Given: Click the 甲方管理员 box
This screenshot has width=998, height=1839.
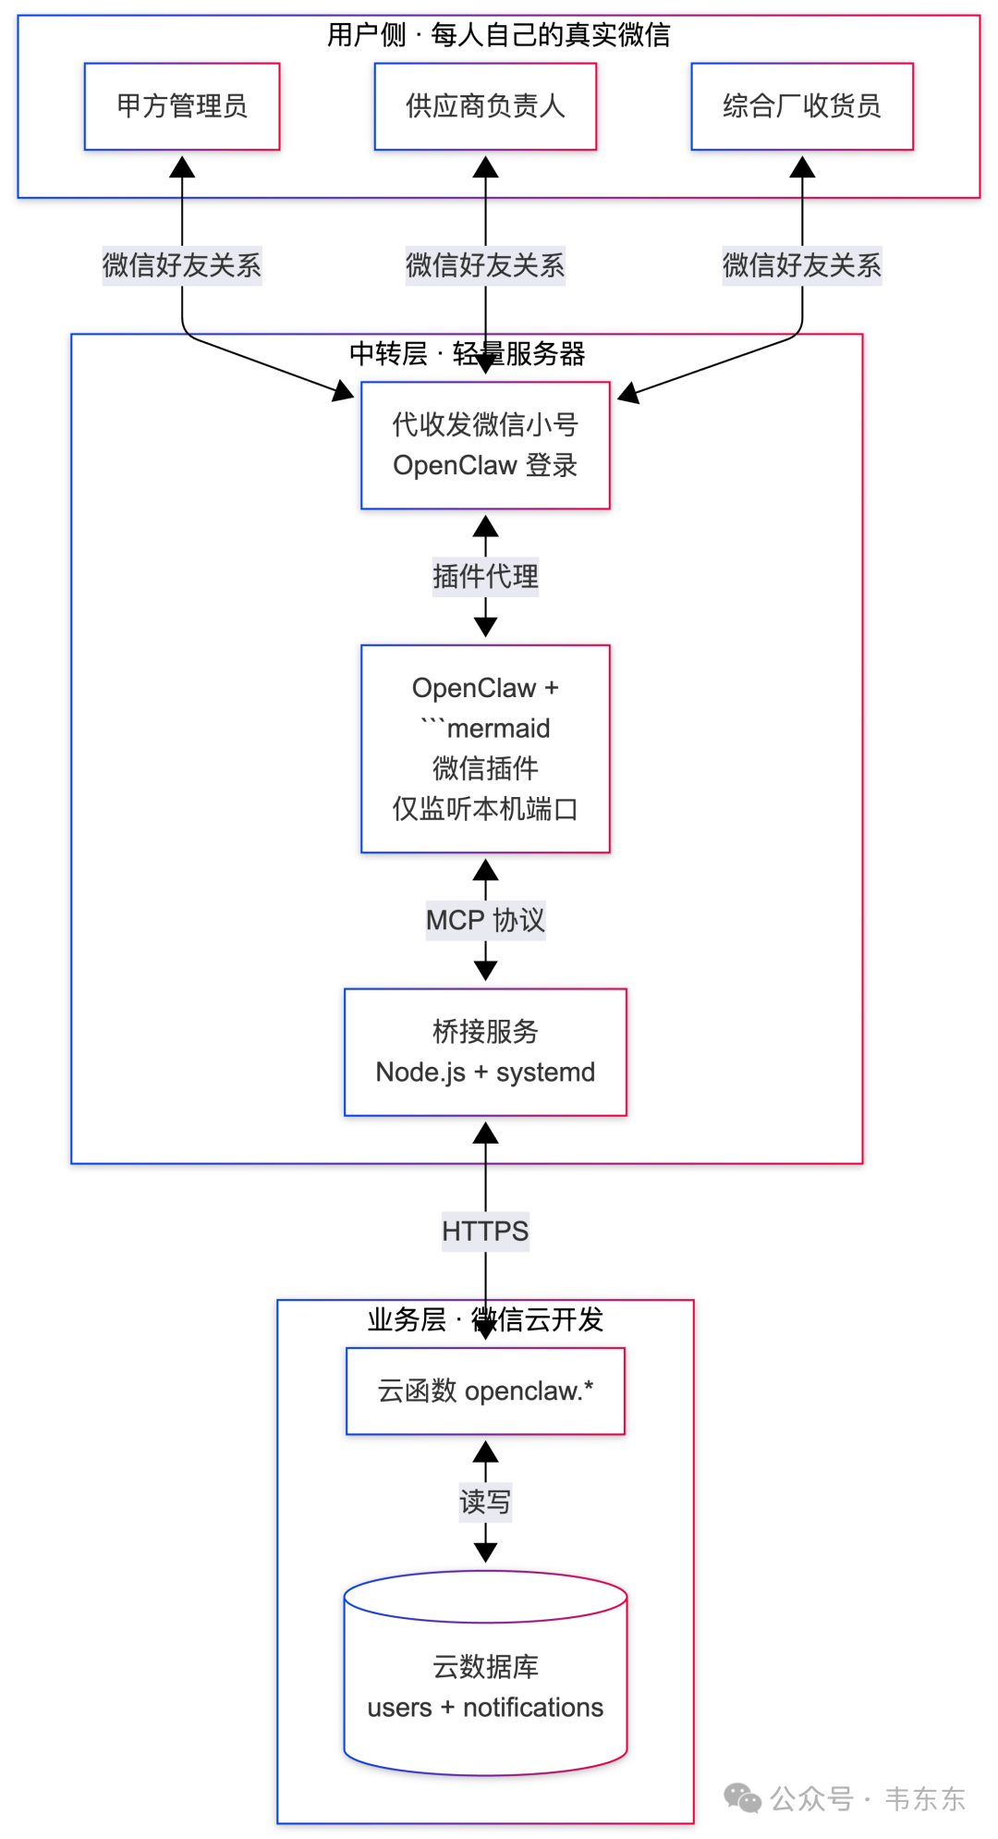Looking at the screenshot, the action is click(182, 106).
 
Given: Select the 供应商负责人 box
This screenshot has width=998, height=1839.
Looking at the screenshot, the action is click(485, 106).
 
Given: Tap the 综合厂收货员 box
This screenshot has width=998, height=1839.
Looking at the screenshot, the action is click(802, 106).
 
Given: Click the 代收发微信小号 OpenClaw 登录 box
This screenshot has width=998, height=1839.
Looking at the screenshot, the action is click(485, 445).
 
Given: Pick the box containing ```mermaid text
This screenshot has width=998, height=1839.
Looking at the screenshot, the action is click(485, 748).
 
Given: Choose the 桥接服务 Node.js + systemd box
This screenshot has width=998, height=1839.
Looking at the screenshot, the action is click(485, 1052).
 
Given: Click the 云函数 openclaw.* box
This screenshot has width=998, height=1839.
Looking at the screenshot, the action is click(485, 1391).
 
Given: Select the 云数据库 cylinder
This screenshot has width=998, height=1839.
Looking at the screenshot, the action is click(485, 1673).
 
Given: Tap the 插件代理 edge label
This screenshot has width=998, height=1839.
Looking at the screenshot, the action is click(485, 577).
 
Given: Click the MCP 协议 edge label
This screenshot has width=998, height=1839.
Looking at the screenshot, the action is click(485, 920).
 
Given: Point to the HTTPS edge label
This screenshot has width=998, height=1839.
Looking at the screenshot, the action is click(485, 1232).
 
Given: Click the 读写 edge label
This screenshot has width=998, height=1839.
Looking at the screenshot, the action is click(485, 1502).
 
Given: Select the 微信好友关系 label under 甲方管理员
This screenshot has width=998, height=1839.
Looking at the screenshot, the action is click(182, 265).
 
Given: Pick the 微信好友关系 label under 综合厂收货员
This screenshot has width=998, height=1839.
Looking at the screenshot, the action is click(802, 265).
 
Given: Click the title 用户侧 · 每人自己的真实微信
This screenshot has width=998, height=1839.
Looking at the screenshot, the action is click(499, 35).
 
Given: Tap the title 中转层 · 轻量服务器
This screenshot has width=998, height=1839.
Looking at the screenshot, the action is click(467, 353).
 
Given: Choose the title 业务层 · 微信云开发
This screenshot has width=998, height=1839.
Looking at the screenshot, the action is click(485, 1319).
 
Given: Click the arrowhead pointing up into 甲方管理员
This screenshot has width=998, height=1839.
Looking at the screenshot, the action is click(182, 166).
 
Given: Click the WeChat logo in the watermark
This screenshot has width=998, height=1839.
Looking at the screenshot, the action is click(742, 1798).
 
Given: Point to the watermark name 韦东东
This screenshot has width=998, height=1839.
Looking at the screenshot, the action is click(925, 1798).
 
